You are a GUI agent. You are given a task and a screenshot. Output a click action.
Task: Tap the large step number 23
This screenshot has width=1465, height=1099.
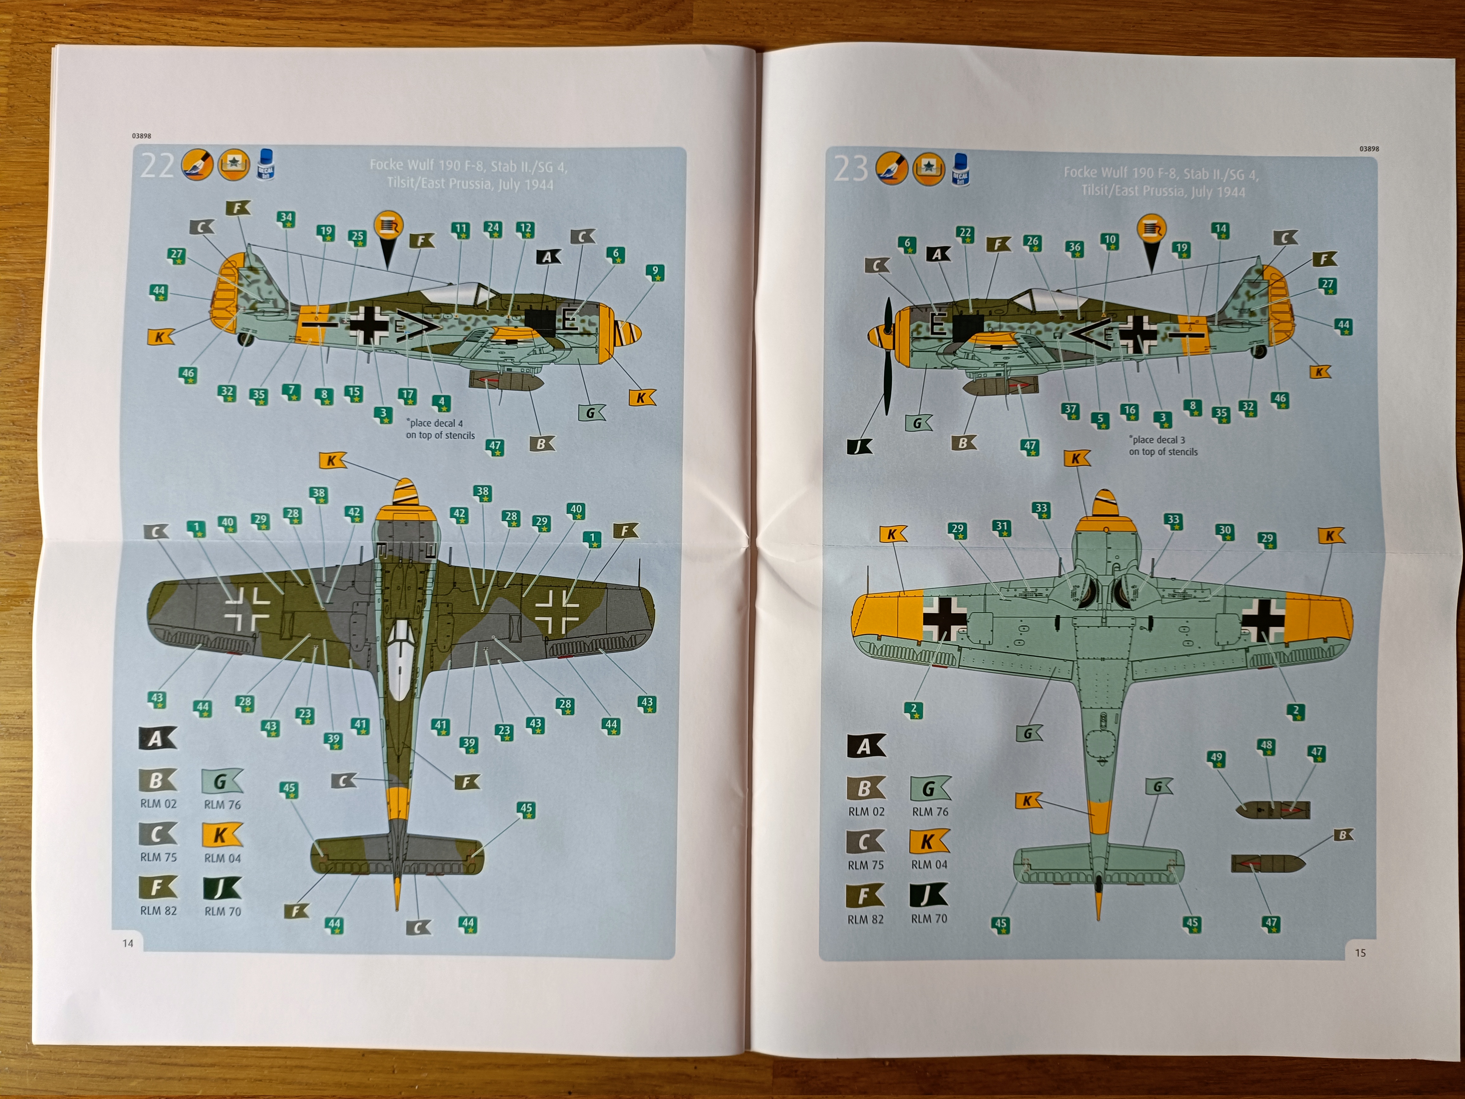point(850,169)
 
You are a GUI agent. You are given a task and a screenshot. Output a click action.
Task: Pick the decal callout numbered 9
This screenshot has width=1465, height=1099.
point(655,272)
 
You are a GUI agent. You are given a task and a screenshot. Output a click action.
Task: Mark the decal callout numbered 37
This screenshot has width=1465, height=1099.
point(1070,410)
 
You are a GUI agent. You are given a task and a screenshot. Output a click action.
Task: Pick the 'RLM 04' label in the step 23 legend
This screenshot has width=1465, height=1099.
point(929,864)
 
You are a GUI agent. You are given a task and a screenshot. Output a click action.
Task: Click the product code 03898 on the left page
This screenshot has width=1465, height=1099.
point(141,136)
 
